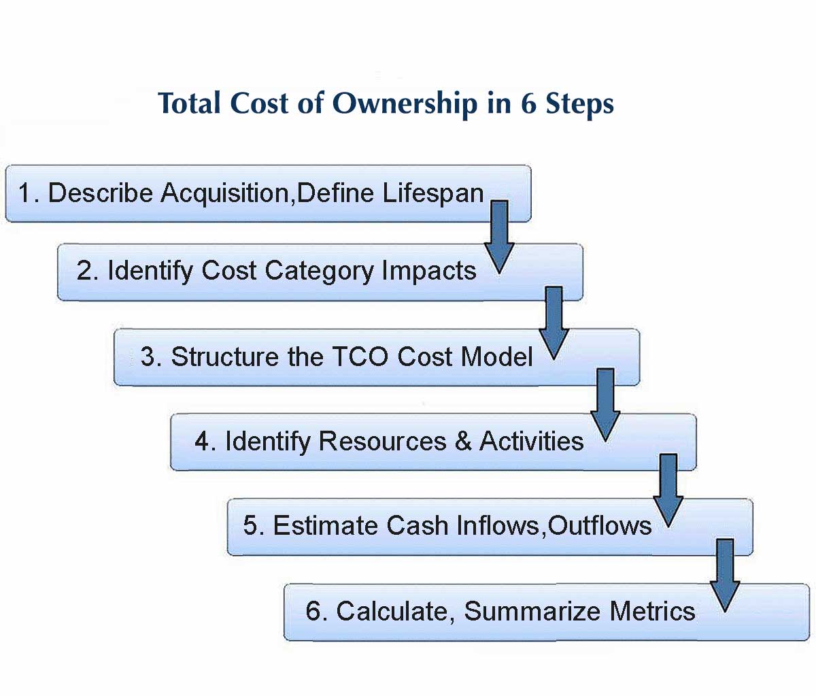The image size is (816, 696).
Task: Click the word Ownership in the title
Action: point(405,104)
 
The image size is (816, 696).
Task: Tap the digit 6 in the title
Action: point(528,103)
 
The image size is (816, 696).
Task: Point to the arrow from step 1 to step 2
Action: point(499,237)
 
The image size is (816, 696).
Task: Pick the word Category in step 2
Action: point(319,272)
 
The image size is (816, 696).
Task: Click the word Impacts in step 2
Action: point(429,271)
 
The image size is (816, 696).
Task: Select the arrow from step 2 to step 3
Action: point(554,323)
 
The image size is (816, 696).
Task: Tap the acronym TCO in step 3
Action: point(360,357)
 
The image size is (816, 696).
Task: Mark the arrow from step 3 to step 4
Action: point(605,405)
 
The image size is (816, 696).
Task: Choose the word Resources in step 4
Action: point(383,441)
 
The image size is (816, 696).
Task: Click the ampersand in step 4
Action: point(463,441)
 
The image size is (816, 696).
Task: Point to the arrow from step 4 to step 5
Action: point(668,491)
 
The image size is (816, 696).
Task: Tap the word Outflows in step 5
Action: point(600,526)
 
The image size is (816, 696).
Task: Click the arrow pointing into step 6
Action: point(725,576)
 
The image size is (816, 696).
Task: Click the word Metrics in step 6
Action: point(652,611)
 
